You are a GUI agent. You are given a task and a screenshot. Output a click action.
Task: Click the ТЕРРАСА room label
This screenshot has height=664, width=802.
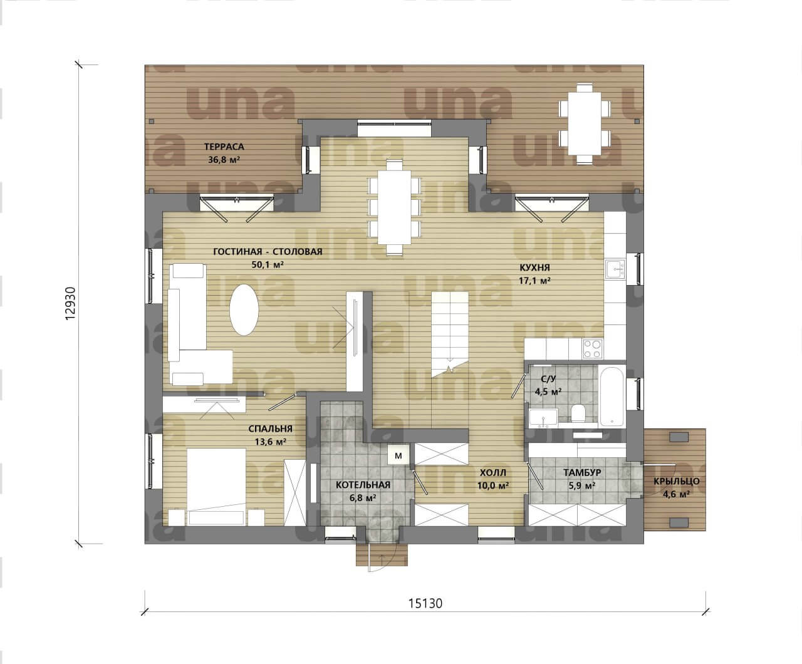pyautogui.click(x=224, y=147)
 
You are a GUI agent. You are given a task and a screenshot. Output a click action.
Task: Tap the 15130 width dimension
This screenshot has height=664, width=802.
pyautogui.click(x=425, y=603)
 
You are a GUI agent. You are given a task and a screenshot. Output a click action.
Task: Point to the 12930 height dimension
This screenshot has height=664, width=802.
pyautogui.click(x=71, y=303)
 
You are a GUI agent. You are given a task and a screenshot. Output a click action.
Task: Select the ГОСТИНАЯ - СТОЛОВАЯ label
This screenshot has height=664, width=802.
pyautogui.click(x=268, y=252)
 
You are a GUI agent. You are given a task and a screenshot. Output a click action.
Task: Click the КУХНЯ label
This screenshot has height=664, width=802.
pyautogui.click(x=534, y=267)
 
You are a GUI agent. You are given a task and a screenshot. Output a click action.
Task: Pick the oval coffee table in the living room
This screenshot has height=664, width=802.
pyautogui.click(x=244, y=310)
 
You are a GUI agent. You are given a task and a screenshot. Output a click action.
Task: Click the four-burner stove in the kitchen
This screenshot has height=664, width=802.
pyautogui.click(x=592, y=349)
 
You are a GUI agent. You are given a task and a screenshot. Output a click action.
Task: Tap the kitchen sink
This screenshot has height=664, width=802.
pyautogui.click(x=615, y=269)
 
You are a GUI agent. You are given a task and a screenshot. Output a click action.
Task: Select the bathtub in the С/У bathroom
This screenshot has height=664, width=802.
pyautogui.click(x=612, y=397)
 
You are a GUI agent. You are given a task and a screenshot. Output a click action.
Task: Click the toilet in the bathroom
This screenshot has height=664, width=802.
pyautogui.click(x=578, y=413)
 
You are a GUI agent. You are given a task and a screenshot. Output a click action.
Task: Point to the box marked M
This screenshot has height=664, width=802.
pyautogui.click(x=398, y=455)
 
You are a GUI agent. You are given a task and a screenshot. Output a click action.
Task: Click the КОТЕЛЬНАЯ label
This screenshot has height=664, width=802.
pyautogui.click(x=363, y=485)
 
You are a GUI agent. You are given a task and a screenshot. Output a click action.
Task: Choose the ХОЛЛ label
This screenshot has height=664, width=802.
pyautogui.click(x=493, y=472)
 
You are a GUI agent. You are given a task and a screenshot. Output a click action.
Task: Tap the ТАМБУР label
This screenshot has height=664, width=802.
pyautogui.click(x=582, y=472)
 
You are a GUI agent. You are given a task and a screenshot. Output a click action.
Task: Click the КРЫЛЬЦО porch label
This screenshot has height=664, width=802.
pyautogui.click(x=677, y=481)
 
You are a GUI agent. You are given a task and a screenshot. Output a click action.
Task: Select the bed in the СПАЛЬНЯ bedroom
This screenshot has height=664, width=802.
pyautogui.click(x=217, y=487)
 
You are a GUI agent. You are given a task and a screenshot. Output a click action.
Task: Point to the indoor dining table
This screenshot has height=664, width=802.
pyautogui.click(x=394, y=207)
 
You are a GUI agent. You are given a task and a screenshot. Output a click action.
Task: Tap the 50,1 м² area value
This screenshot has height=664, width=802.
pyautogui.click(x=268, y=264)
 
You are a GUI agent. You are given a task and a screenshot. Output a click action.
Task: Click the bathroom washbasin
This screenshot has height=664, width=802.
pyautogui.click(x=544, y=418)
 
